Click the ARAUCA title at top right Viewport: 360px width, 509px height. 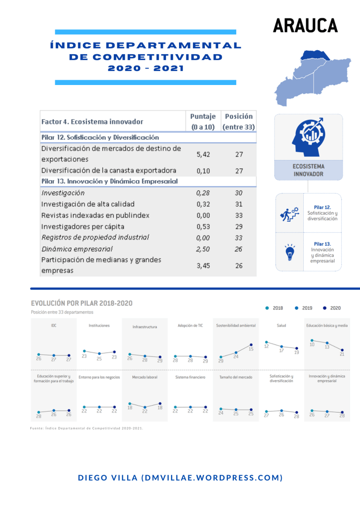[x=305, y=25]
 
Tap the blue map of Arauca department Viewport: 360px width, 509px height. [x=311, y=77]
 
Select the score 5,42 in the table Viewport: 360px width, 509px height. [x=203, y=154]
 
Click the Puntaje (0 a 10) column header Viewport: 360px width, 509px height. [x=203, y=122]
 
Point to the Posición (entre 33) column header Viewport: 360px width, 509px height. [x=239, y=122]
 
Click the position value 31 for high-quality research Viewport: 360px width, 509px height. [x=239, y=204]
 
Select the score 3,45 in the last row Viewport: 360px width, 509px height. [x=203, y=265]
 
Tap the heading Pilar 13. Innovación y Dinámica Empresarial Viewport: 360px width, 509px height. [x=109, y=181]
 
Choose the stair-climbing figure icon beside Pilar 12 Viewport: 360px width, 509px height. [x=289, y=213]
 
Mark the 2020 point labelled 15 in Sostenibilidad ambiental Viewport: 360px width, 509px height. [x=251, y=344]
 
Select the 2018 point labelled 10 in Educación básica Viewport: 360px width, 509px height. [x=312, y=340]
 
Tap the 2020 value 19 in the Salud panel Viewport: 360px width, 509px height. [x=297, y=352]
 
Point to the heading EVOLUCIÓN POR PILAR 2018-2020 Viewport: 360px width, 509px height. [x=82, y=303]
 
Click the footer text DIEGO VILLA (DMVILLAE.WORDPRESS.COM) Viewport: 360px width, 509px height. [x=180, y=478]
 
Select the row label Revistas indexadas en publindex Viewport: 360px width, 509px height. [x=95, y=215]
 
